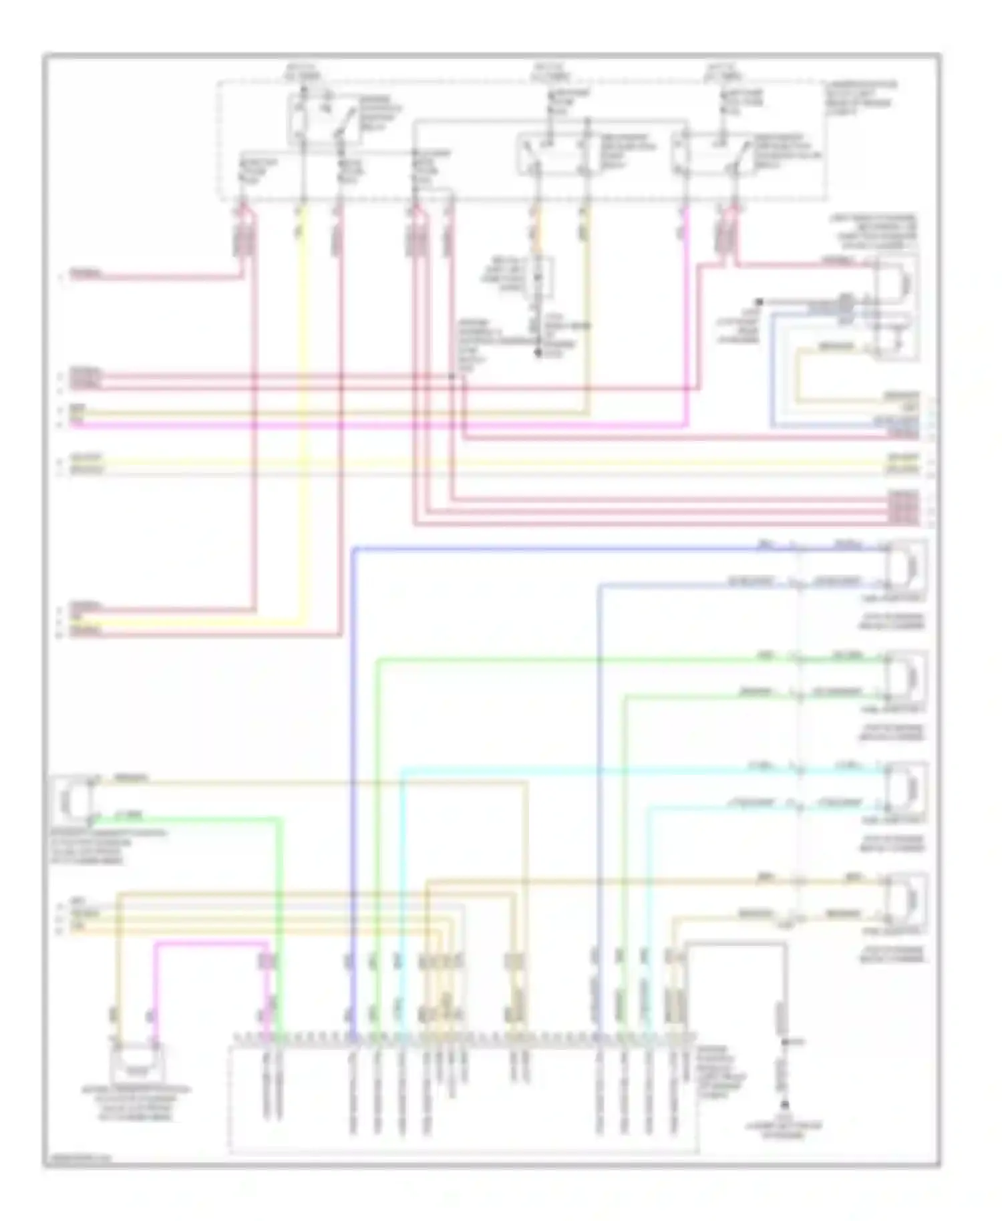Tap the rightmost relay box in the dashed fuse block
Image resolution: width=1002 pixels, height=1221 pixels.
[711, 154]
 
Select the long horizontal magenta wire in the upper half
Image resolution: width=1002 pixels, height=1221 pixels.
[374, 424]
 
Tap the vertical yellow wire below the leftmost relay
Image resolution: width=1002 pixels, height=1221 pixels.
[304, 414]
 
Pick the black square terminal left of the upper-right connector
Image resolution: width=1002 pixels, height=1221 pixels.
[760, 303]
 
